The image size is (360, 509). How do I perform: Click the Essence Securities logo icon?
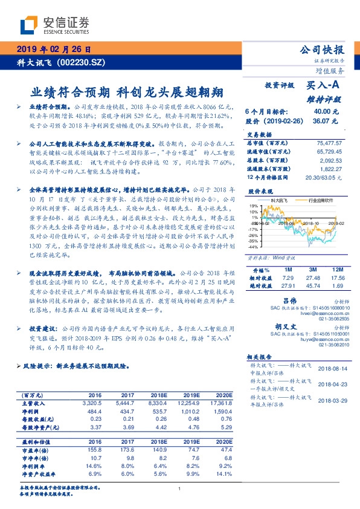pyautogui.click(x=30, y=25)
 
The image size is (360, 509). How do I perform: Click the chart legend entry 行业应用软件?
pyautogui.click(x=323, y=199)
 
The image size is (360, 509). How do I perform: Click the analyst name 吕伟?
pyautogui.click(x=291, y=300)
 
